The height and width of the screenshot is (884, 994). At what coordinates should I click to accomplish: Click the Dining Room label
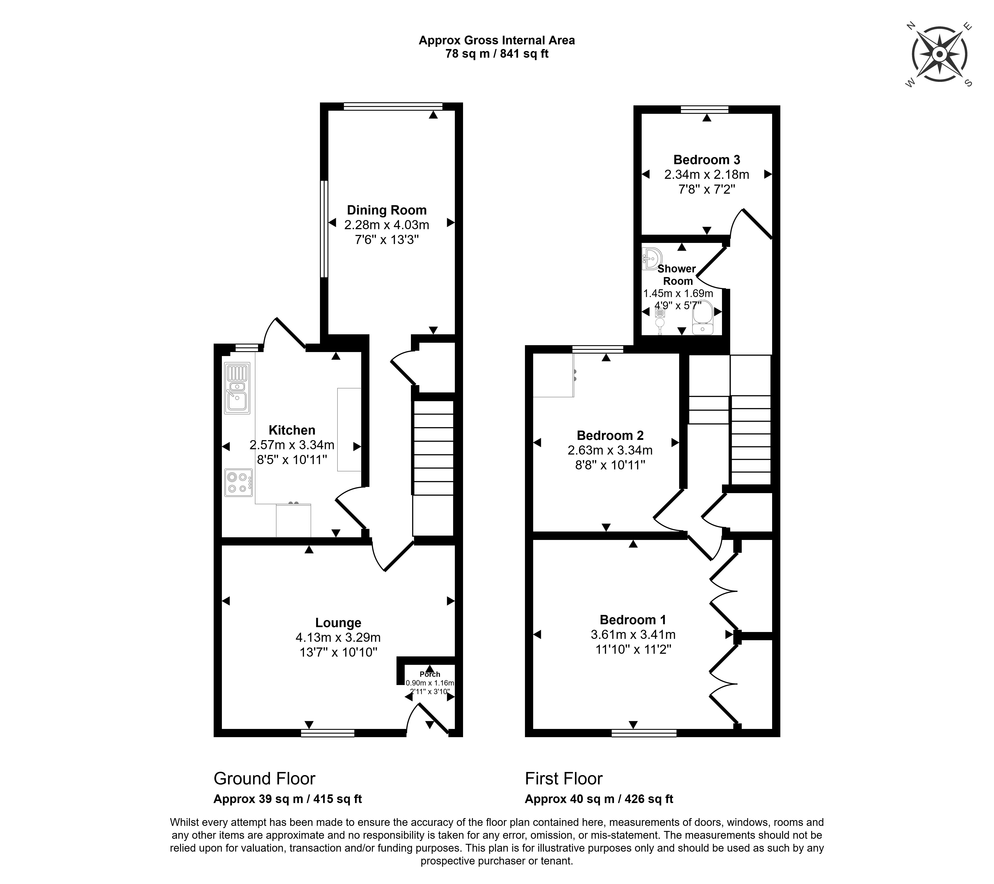coord(387,210)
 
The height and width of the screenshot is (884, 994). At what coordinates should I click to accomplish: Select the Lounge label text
coord(338,623)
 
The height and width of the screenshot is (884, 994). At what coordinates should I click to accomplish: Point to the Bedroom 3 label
coord(707,159)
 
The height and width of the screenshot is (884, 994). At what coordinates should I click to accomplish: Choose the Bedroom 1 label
coord(633,620)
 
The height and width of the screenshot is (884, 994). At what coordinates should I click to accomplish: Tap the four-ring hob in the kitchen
coord(238,482)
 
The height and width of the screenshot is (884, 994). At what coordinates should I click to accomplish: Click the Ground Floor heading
coord(264,778)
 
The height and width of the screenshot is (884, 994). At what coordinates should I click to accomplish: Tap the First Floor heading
coord(564,778)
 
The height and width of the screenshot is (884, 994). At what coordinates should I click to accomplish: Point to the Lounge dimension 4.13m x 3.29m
coord(338,637)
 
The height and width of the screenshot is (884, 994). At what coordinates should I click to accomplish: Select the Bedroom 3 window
coord(705,109)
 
